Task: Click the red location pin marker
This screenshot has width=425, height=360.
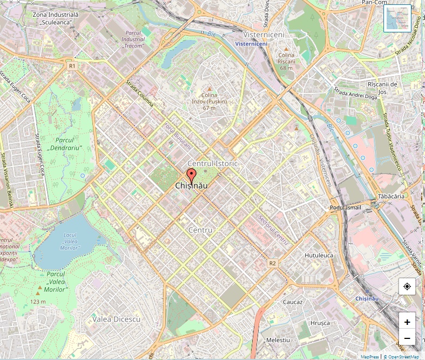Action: pyautogui.click(x=191, y=176)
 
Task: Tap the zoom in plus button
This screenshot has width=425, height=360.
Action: pyautogui.click(x=407, y=321)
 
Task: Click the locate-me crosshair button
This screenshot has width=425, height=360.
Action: pyautogui.click(x=407, y=286)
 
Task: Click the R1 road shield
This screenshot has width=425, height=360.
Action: pyautogui.click(x=72, y=65)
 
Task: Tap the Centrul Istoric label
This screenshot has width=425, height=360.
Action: pyautogui.click(x=212, y=163)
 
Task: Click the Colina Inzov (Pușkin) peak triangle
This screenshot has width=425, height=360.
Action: pyautogui.click(x=210, y=89)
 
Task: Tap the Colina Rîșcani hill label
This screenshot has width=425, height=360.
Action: pyautogui.click(x=286, y=61)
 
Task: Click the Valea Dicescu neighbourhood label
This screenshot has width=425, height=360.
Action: pyautogui.click(x=116, y=319)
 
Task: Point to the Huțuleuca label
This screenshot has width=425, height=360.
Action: pyautogui.click(x=319, y=255)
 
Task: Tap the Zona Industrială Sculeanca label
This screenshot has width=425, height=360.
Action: pyautogui.click(x=52, y=18)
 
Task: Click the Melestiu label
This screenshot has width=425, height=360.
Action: pyautogui.click(x=278, y=340)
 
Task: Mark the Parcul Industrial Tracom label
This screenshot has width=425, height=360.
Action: pyautogui.click(x=133, y=39)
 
